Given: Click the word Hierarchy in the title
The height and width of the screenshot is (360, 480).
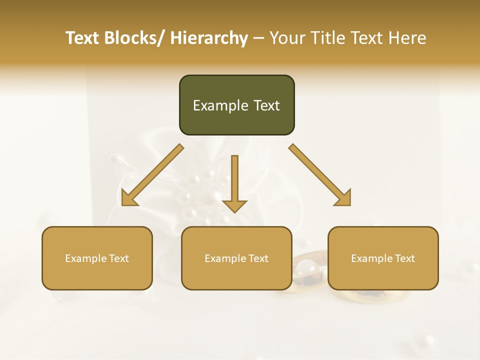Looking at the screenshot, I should (x=209, y=38).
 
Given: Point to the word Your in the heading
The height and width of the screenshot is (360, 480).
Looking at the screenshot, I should (x=286, y=38).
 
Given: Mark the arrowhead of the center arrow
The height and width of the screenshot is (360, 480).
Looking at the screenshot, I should (x=235, y=205).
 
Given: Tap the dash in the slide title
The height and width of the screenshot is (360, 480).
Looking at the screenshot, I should (x=258, y=38).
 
